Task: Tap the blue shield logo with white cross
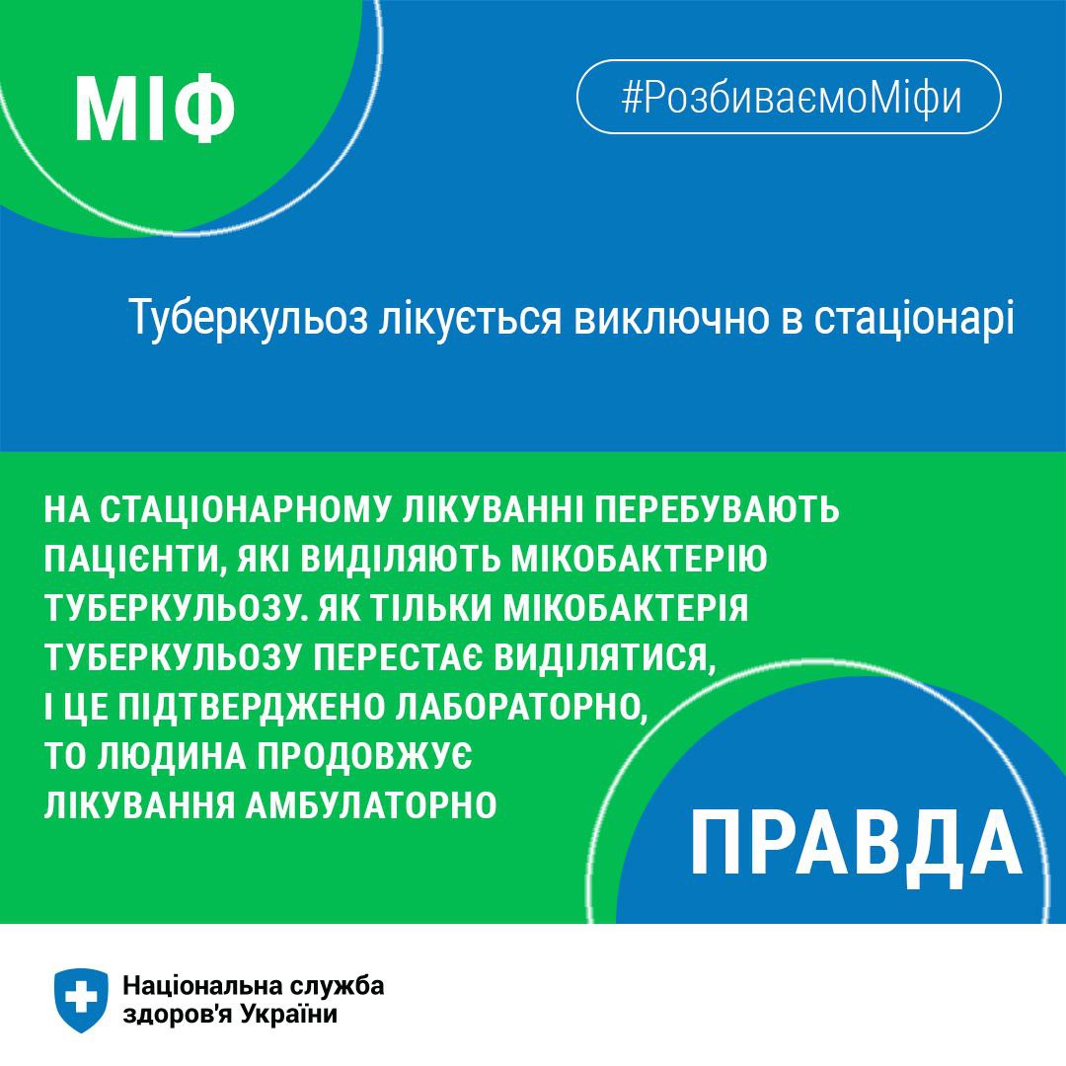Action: tap(81, 999)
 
